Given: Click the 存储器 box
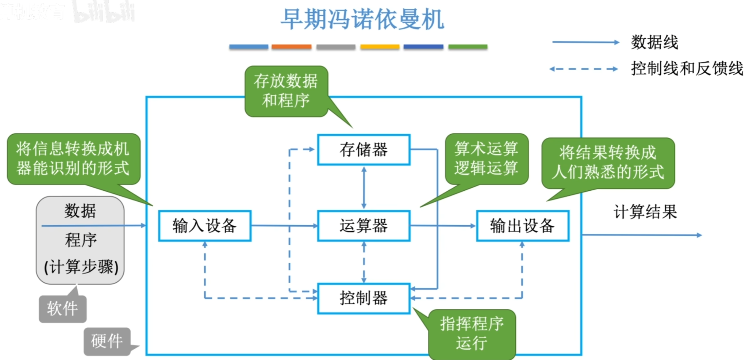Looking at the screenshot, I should (x=363, y=150).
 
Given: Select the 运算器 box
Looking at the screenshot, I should (x=363, y=226).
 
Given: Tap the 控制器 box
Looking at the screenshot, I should (x=363, y=298).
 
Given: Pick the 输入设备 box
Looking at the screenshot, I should (x=205, y=226).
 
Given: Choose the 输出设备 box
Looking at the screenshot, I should (x=522, y=226).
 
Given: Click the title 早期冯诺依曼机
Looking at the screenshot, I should (x=362, y=19).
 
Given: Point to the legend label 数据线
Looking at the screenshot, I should (x=654, y=42).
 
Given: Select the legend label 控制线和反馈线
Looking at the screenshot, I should (x=687, y=69).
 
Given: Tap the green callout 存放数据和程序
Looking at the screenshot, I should (x=286, y=91).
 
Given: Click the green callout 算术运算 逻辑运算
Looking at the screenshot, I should (x=486, y=158).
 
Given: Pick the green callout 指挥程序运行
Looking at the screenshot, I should (x=472, y=334).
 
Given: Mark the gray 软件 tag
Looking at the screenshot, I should (x=62, y=309).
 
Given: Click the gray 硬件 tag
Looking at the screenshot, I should (x=107, y=341).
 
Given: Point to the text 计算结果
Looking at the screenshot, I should (x=645, y=212).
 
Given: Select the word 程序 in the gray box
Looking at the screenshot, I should (x=81, y=240).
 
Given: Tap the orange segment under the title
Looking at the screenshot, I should (x=291, y=47).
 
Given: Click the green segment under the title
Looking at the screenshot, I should (x=468, y=47).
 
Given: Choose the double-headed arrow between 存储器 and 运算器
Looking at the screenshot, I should (x=364, y=188).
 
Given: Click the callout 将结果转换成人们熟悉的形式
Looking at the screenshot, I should (x=608, y=162).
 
